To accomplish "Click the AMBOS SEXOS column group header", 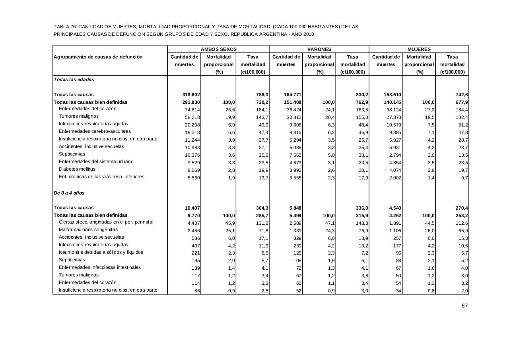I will pyautogui.click(x=218, y=49).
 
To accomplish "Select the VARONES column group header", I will pyautogui.click(x=319, y=49).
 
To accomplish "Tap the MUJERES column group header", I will pyautogui.click(x=419, y=49).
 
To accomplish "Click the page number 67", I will pyautogui.click(x=464, y=306).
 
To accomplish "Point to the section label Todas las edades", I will pyautogui.click(x=74, y=80).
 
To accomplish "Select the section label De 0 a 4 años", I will pyautogui.click(x=69, y=193).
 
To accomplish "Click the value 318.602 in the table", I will pyautogui.click(x=191, y=95).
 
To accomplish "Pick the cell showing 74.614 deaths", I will pyautogui.click(x=192, y=110).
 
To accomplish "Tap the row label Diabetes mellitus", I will pyautogui.click(x=77, y=169).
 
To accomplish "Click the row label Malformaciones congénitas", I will pyautogui.click(x=88, y=230).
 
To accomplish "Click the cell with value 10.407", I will pyautogui.click(x=192, y=208).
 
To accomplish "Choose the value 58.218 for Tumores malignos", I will pyautogui.click(x=192, y=117).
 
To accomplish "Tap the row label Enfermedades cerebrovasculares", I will pyautogui.click(x=95, y=131).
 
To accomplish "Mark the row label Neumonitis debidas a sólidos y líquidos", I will pyautogui.click(x=101, y=252).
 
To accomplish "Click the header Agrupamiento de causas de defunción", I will pyautogui.click(x=98, y=57).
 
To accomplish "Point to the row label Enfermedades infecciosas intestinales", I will pyautogui.click(x=100, y=267).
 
